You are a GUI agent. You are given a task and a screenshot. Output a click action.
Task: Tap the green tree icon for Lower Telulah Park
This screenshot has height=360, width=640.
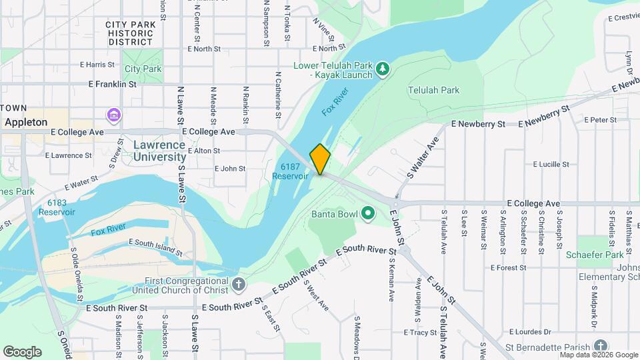pyautogui.click(x=382, y=68)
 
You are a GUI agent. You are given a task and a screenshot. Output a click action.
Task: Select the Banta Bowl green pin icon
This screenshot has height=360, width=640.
pyautogui.click(x=367, y=214)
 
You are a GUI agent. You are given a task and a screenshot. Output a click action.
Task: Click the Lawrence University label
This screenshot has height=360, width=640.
pyautogui.click(x=159, y=151)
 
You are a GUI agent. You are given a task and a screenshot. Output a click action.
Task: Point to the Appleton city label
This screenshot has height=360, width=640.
pyautogui.click(x=26, y=122)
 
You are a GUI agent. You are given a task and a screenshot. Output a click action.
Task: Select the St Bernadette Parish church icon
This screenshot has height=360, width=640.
pyautogui.click(x=601, y=345)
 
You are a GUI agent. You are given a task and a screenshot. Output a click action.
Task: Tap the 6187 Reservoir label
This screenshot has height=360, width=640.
pyautogui.click(x=290, y=171)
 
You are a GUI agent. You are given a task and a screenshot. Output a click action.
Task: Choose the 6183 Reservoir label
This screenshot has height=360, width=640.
pyautogui.click(x=57, y=207)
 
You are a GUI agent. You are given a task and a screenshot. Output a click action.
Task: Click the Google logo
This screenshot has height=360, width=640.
pyautogui.click(x=21, y=351)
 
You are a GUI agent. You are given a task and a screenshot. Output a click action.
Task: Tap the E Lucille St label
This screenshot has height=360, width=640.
pyautogui.click(x=551, y=164)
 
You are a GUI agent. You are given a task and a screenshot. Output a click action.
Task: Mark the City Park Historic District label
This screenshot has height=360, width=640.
pyautogui.click(x=131, y=33)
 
